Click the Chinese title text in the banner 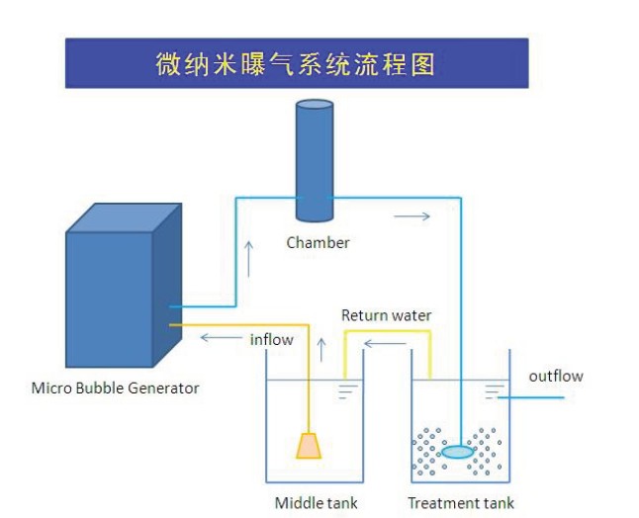(x=295, y=63)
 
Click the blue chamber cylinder (x=315, y=161)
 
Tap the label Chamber (x=318, y=243)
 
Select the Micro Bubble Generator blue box (x=124, y=285)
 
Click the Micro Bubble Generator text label (x=116, y=388)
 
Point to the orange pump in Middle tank (x=309, y=446)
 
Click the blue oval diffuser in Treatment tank (x=458, y=452)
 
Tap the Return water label (x=387, y=315)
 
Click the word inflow (x=271, y=339)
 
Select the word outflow (x=556, y=376)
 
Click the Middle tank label (x=317, y=503)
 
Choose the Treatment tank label (x=461, y=503)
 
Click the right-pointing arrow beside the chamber (x=412, y=216)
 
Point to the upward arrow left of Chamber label (x=248, y=259)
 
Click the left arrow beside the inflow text (x=222, y=338)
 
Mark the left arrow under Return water (x=385, y=344)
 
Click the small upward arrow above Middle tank (x=321, y=350)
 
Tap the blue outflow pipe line (x=531, y=397)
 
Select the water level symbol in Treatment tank (x=492, y=391)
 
